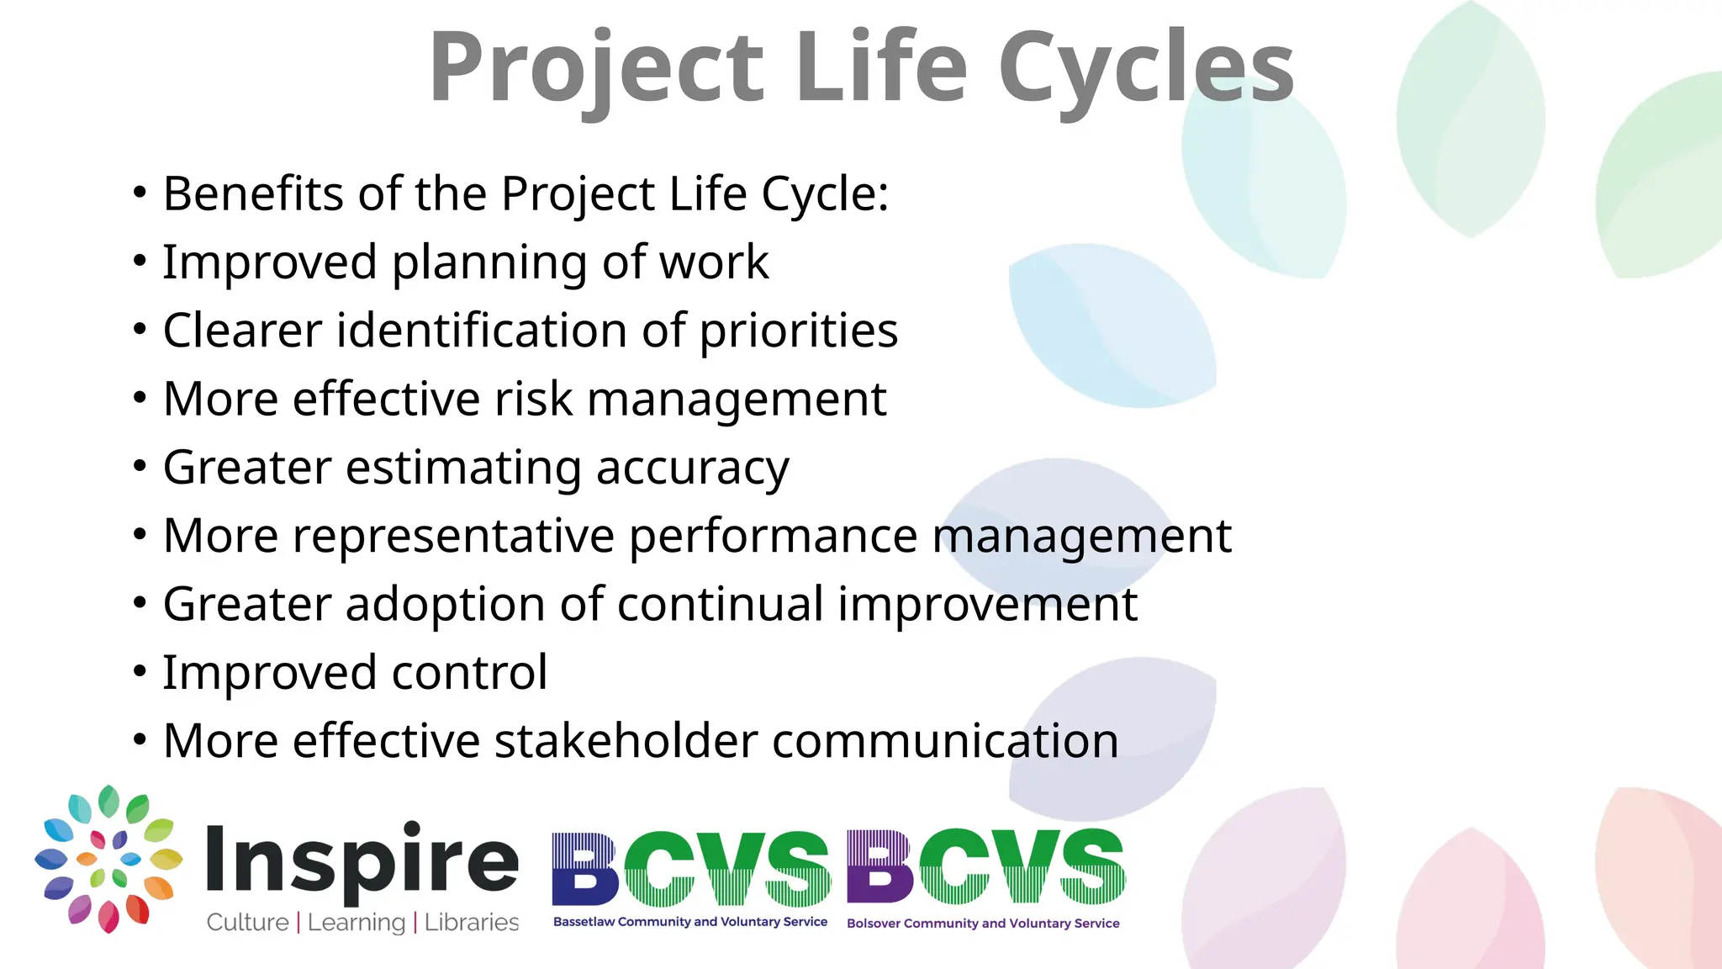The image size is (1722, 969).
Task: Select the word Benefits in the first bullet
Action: click(253, 193)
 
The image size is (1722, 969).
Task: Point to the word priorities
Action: click(799, 331)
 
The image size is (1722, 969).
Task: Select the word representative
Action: click(453, 536)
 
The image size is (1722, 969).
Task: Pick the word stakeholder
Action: click(626, 741)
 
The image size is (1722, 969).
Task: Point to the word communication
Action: click(945, 741)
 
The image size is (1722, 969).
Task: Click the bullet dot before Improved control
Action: click(140, 672)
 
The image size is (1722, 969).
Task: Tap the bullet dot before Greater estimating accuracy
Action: click(140, 467)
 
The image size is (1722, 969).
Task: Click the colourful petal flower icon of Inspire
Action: click(108, 859)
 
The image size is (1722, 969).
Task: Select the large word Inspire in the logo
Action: click(362, 860)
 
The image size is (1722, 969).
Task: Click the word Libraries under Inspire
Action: click(471, 923)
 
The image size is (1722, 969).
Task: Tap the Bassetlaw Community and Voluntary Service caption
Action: click(689, 922)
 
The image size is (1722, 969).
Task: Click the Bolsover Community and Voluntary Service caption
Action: click(983, 924)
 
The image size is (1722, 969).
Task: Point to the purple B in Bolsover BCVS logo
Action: click(879, 866)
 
